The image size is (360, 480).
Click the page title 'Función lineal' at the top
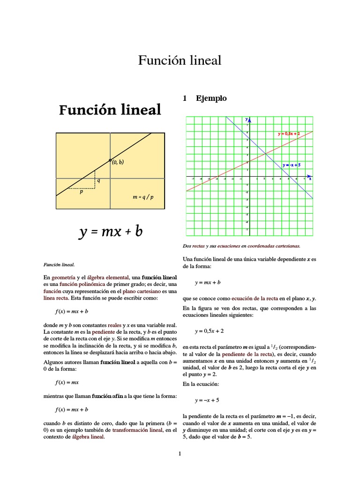point(180,60)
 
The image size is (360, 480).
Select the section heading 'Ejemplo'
point(211,98)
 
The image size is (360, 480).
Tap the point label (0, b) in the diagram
point(118,162)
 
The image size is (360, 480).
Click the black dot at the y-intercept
point(110,160)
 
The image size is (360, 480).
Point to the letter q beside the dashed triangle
point(98,180)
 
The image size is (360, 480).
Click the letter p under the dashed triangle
point(81,192)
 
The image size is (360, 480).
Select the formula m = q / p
point(143,197)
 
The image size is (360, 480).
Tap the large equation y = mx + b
point(110,231)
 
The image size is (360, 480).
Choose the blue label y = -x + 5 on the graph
point(291,165)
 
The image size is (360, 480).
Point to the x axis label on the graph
point(310,179)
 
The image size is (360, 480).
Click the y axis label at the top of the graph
point(246,120)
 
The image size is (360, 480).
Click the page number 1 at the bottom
point(180,453)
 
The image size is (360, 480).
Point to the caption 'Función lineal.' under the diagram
point(59,264)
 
